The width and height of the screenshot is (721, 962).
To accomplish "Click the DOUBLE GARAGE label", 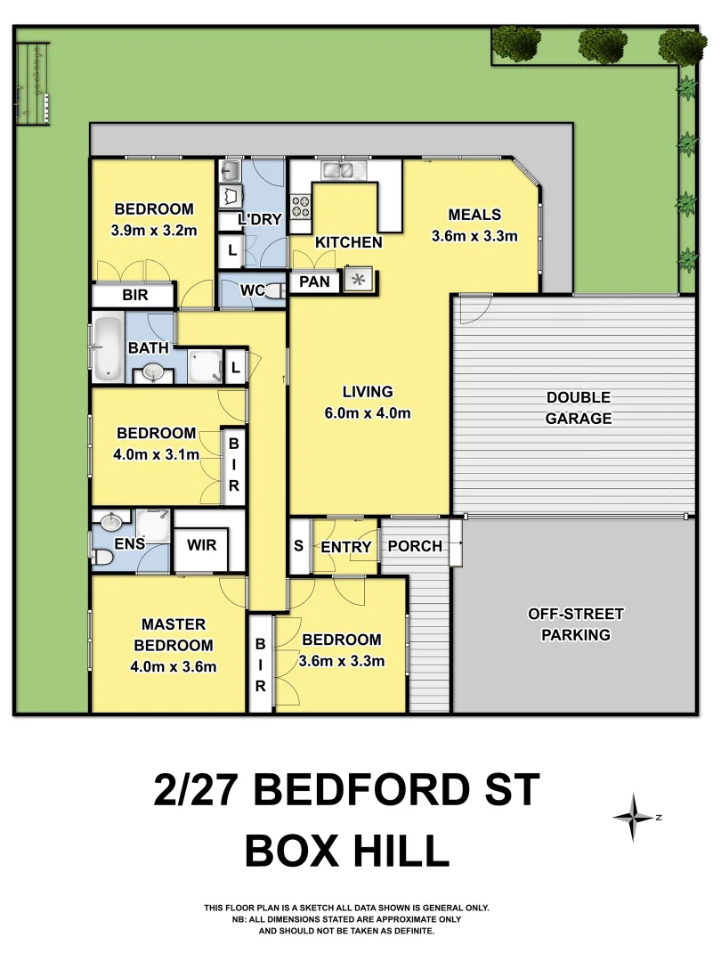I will pyautogui.click(x=579, y=407).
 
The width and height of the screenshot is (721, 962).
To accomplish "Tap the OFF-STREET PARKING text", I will pyautogui.click(x=576, y=624).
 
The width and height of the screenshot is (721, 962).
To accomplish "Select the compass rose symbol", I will pyautogui.click(x=634, y=817).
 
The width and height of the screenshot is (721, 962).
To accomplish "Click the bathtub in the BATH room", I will pyautogui.click(x=109, y=348).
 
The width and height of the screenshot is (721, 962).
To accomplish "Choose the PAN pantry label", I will pyautogui.click(x=314, y=282).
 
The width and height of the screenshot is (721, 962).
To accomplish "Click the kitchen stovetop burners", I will pyautogui.click(x=300, y=208).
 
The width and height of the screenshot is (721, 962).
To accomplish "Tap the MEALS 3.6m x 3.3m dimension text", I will pyautogui.click(x=474, y=236).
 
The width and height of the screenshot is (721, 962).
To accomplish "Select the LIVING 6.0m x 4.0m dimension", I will pyautogui.click(x=368, y=412).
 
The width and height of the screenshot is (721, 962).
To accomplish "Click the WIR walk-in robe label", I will pyautogui.click(x=207, y=542).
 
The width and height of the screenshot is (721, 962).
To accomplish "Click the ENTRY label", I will pyautogui.click(x=345, y=547).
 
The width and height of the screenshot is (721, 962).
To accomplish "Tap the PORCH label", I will pyautogui.click(x=415, y=546).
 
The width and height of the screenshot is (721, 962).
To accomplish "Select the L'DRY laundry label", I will pyautogui.click(x=260, y=219).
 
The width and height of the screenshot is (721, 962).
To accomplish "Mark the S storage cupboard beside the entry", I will pyautogui.click(x=298, y=546).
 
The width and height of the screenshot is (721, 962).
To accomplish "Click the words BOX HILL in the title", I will pyautogui.click(x=347, y=851).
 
